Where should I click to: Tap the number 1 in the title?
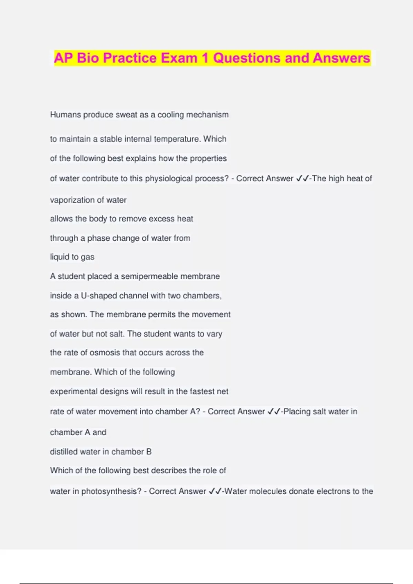click(x=205, y=58)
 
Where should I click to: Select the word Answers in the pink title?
click(x=341, y=58)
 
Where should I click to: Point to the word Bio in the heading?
click(x=87, y=58)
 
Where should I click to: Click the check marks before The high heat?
click(x=302, y=179)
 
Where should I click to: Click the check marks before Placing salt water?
click(x=273, y=412)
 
